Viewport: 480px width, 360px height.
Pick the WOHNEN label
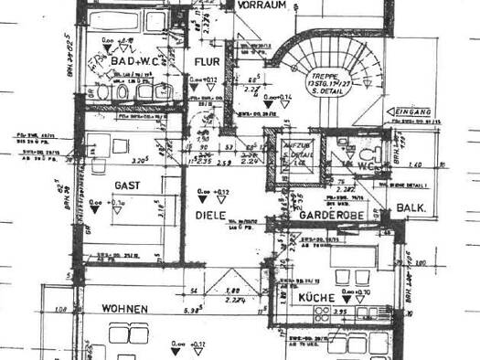(x=125, y=310)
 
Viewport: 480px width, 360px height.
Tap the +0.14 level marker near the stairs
(x=272, y=95)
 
